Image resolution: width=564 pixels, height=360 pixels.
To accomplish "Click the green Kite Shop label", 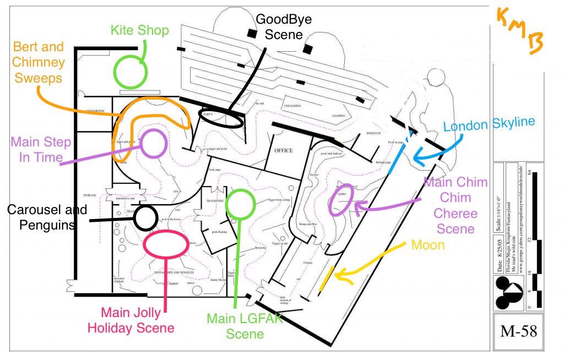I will pos(139,30).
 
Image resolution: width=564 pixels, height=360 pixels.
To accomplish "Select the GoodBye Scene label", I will pos(284,27).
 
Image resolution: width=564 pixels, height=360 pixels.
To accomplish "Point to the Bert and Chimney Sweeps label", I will pos(39,62).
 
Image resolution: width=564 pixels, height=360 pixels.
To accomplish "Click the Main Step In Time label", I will pos(41,150).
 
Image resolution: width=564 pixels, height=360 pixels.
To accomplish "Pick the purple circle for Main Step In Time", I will pos(154,143).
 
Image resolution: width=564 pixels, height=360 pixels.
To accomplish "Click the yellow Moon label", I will pos(428,244).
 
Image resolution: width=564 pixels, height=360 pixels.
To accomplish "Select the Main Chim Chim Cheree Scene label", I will pos(455,205).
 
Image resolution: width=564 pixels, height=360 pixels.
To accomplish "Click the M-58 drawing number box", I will pos(518,331).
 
